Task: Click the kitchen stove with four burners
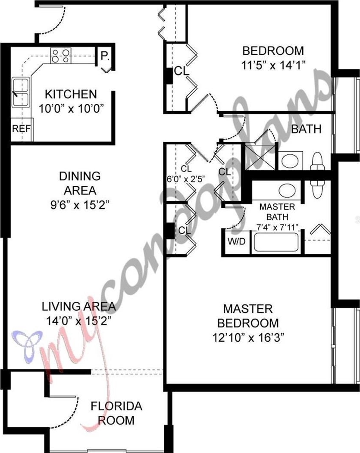pyautogui.click(x=61, y=56)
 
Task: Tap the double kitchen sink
pyautogui.click(x=21, y=92)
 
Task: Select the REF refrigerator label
pyautogui.click(x=21, y=128)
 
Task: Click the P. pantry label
pyautogui.click(x=105, y=56)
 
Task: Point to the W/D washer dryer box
pyautogui.click(x=236, y=241)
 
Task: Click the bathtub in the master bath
pyautogui.click(x=276, y=242)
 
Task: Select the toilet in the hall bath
pyautogui.click(x=317, y=162)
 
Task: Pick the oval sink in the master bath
pyautogui.click(x=287, y=191)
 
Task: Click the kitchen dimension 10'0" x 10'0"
pyautogui.click(x=71, y=109)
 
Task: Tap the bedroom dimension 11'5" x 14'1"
pyautogui.click(x=273, y=65)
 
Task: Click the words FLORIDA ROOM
pyautogui.click(x=116, y=413)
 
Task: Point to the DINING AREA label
pyautogui.click(x=80, y=183)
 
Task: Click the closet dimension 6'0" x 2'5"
pyautogui.click(x=186, y=179)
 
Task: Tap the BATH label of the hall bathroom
pyautogui.click(x=306, y=129)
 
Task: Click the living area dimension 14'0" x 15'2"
pyautogui.click(x=79, y=321)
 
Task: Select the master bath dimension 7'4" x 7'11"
pyautogui.click(x=277, y=228)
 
